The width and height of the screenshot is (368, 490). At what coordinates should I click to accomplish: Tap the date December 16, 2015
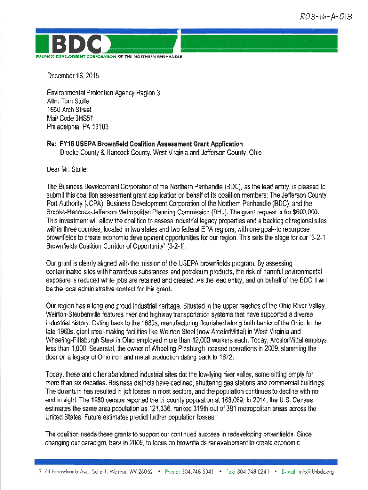[73, 76]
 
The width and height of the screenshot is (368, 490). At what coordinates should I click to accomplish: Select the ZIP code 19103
[98, 127]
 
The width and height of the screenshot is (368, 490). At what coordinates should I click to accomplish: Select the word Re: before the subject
[52, 144]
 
